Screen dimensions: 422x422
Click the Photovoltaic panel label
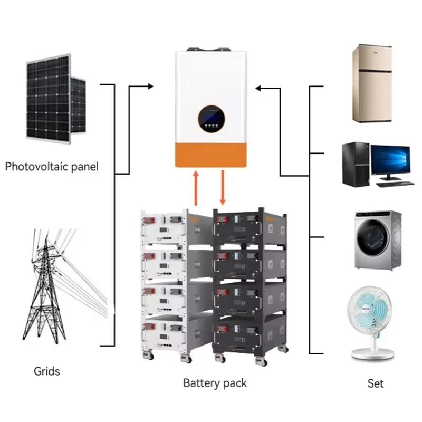tap(52, 167)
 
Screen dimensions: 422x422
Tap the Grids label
tap(46, 371)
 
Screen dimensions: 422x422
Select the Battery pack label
tap(215, 383)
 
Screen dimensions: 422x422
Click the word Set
tap(376, 383)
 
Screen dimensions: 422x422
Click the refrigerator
tap(372, 84)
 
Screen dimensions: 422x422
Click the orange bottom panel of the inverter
tap(211, 156)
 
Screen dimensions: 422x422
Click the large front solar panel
tap(48, 99)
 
